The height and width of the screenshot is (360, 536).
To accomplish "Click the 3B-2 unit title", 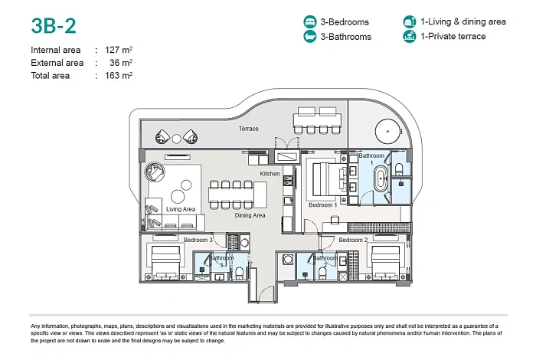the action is click(54, 26).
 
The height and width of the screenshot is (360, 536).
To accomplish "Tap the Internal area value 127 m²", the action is click(119, 50).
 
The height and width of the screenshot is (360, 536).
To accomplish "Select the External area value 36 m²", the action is click(121, 63).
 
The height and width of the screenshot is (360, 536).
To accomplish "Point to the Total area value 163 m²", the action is click(119, 75).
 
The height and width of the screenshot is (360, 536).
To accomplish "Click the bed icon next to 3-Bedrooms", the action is click(310, 22).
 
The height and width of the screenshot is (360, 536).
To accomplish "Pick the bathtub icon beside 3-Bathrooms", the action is click(310, 36).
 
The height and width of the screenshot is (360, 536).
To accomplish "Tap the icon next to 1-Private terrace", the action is click(410, 36).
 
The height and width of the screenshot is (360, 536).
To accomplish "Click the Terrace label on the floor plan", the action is click(249, 129).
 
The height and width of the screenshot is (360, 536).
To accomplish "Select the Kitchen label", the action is click(270, 174).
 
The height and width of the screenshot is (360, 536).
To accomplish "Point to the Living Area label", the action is click(181, 209).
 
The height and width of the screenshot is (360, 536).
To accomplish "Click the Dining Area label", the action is click(250, 215).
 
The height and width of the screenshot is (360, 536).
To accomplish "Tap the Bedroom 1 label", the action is click(322, 205).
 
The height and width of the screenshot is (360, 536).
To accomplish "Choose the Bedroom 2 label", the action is click(353, 240).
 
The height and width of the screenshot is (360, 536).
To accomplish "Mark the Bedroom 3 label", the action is click(198, 240).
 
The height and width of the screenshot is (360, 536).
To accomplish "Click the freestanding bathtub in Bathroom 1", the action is click(381, 178).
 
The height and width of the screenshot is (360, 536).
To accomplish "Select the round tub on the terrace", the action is click(388, 131).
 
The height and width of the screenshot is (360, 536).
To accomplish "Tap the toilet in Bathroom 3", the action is click(239, 273).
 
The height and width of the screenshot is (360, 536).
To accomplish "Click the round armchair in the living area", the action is click(155, 172).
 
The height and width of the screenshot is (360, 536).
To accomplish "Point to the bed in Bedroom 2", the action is click(385, 263).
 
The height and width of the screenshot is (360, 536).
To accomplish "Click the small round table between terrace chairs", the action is click(176, 139).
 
